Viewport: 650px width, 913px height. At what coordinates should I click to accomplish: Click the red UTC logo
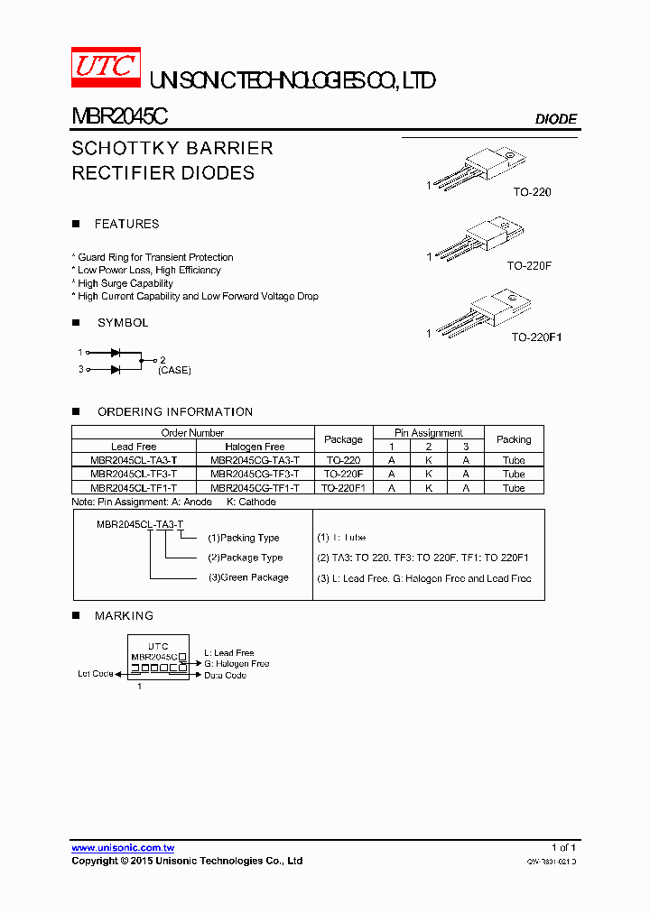point(106,67)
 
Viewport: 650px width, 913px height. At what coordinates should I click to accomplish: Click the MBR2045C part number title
point(119,117)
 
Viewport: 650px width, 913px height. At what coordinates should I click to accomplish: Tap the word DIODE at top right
point(555,119)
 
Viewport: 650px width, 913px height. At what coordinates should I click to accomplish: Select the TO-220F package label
point(529,266)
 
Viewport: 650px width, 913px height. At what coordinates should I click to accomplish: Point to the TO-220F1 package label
point(536,337)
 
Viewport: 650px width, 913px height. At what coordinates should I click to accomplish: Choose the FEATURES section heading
point(126,224)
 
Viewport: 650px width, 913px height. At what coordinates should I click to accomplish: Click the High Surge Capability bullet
point(125,283)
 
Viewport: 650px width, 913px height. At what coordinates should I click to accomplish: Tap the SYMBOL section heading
point(123,322)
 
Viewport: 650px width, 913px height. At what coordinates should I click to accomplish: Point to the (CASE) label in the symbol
point(174,370)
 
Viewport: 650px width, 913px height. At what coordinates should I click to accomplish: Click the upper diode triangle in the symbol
point(116,353)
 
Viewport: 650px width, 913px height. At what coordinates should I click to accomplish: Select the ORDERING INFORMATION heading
point(175,411)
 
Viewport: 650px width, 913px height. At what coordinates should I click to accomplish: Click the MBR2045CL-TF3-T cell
point(134,474)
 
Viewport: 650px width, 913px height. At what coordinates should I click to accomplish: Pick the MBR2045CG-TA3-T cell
point(255,460)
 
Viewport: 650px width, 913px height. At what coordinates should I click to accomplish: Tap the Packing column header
point(514,439)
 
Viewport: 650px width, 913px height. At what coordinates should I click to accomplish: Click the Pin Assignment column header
point(429,433)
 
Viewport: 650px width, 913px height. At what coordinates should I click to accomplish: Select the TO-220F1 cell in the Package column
point(343,488)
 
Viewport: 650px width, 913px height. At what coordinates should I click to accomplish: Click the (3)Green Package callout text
point(248,577)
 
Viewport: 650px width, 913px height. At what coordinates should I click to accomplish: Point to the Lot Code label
point(96,674)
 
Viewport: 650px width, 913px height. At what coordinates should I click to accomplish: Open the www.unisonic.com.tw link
point(123,848)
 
